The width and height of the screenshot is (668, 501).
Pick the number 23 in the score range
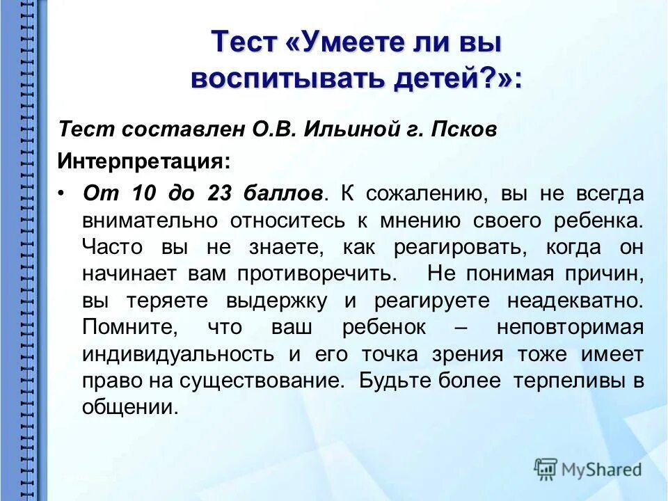[x=221, y=193]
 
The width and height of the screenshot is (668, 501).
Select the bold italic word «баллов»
[x=283, y=193]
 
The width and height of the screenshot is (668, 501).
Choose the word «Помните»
[x=127, y=327]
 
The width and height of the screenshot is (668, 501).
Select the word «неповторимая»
[x=569, y=327]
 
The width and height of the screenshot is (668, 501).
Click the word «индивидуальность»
[x=177, y=353]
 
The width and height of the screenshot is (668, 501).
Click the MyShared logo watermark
[x=588, y=469]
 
